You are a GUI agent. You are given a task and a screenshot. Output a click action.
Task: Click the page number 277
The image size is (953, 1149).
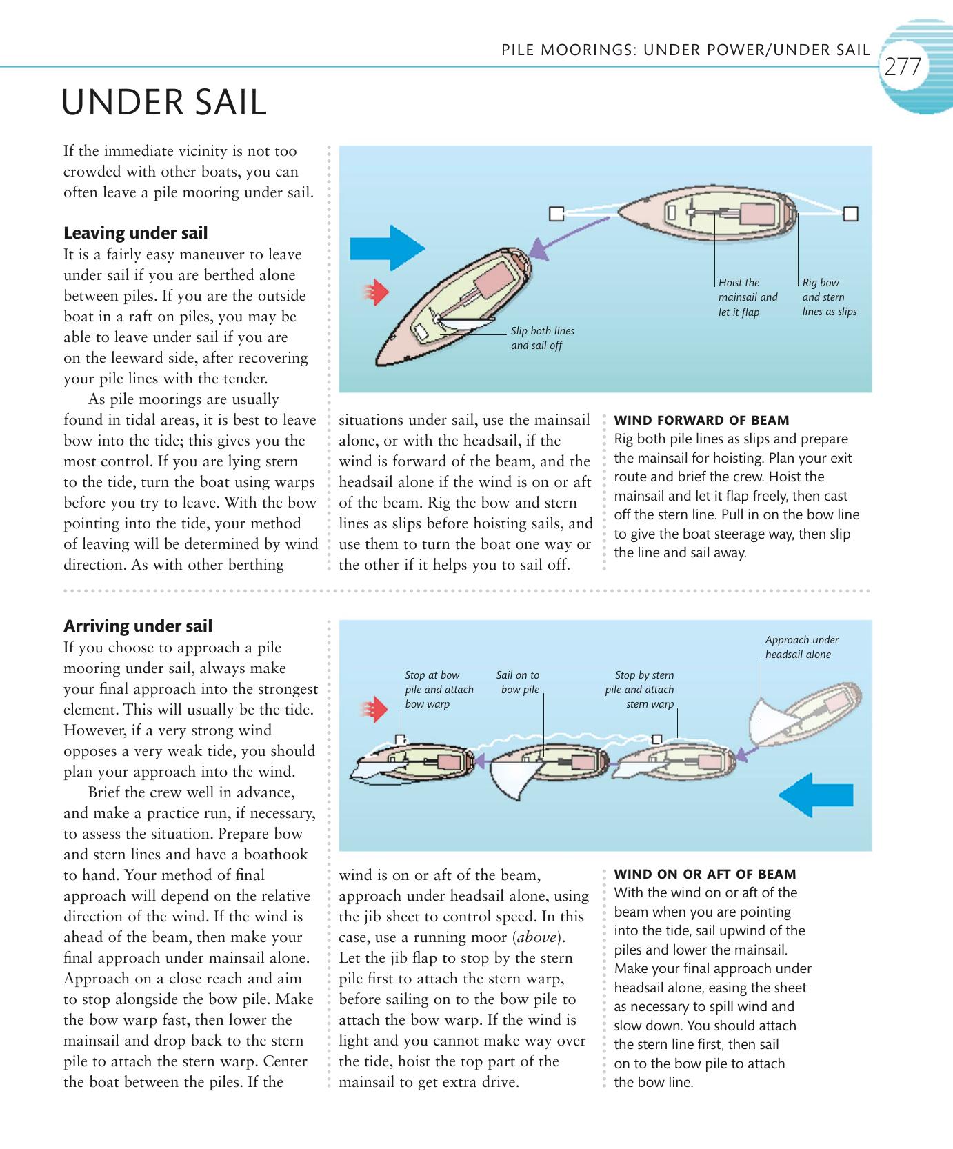point(903,67)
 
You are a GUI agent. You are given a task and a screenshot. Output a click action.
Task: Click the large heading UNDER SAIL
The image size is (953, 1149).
point(164,103)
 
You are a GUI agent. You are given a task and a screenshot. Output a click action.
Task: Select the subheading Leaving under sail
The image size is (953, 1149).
point(135,233)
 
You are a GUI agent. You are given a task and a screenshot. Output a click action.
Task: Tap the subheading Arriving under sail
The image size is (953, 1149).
point(138,626)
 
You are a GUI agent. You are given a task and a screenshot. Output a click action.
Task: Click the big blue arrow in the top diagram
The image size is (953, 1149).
point(386,247)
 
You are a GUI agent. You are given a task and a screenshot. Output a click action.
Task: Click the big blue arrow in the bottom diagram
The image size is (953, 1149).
point(816,795)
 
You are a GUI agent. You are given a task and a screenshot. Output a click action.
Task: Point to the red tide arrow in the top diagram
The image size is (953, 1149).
point(377,293)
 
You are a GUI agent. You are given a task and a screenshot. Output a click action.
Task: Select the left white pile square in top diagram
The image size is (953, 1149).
point(556,214)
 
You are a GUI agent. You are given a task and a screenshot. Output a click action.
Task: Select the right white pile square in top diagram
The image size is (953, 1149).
point(851,214)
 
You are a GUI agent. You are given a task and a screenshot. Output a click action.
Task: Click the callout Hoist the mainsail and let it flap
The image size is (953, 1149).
point(748,297)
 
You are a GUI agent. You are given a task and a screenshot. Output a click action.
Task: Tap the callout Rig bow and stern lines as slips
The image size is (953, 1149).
point(829,297)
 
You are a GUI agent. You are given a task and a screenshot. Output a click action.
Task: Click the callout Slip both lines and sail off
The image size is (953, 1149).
point(542,338)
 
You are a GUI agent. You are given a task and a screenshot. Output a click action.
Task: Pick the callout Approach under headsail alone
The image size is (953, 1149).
point(801,647)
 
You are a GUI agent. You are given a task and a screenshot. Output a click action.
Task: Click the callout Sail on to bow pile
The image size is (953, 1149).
point(518,682)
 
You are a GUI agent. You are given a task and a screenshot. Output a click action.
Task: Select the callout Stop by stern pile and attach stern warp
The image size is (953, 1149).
point(640,689)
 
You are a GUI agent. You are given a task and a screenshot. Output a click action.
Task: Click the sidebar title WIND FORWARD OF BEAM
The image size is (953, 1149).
point(701,420)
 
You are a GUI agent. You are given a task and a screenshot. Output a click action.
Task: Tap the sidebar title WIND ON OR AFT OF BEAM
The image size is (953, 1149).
point(705,874)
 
